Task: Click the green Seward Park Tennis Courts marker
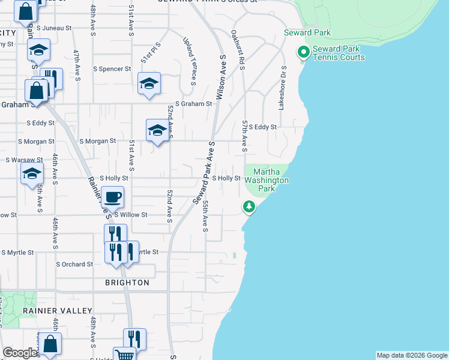coord(304,53)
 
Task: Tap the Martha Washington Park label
coord(267,180)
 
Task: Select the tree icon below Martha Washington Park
coord(249,207)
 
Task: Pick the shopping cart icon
coord(124,355)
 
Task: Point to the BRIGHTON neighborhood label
coord(127,283)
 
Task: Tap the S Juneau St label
coord(54,28)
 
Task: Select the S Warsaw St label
coord(24,160)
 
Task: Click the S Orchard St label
coord(74,264)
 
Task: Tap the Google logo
coord(20,353)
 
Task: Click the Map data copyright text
coord(411,355)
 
